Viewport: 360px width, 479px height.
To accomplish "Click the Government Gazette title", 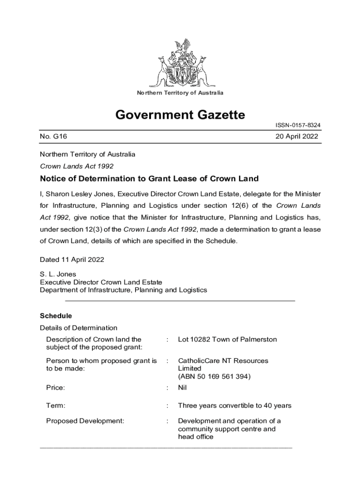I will pos(180,115).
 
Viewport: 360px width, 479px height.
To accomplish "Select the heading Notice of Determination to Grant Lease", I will pos(149,179).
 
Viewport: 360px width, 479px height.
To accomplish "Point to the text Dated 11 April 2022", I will pos(72,260).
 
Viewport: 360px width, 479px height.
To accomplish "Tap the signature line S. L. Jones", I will pos(58,274).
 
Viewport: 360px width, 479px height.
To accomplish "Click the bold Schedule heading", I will pos(56,316).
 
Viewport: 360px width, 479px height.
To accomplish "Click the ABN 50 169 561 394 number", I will pos(214,377).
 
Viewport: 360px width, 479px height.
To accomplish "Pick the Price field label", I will pos(55,388).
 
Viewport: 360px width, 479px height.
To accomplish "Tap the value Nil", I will pos(183,388).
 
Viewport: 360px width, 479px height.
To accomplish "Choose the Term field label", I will pos(56,406).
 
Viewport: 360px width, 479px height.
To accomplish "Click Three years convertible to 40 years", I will pos(235,406).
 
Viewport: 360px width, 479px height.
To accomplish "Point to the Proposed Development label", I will pos(85,421).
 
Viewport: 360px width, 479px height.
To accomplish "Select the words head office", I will pos(195,437).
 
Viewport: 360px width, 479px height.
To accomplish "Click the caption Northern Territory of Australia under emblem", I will pos(180,93).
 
